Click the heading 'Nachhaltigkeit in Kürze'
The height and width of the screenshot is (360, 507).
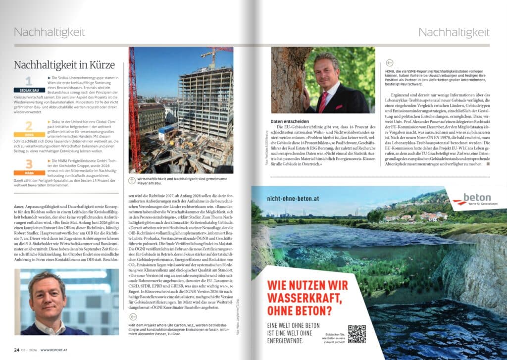tap(64, 65)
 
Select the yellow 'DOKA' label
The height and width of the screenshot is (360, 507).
tap(29, 134)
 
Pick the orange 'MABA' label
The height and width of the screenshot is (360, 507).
tap(29, 173)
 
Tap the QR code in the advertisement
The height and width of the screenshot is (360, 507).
tap(356, 334)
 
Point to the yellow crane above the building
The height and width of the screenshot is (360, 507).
tap(213, 51)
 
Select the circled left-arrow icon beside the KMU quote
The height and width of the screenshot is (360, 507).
tap(389, 63)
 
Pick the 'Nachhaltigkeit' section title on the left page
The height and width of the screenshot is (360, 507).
tap(50, 33)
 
